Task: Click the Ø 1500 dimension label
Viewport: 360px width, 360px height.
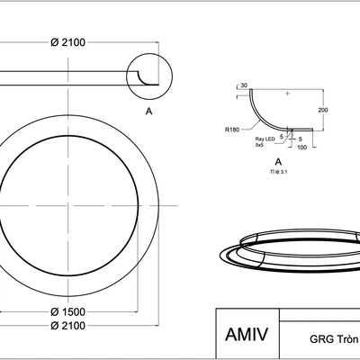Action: [x=67, y=312]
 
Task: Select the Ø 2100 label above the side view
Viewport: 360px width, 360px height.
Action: [x=67, y=42]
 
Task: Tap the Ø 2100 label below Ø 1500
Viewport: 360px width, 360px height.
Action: [x=67, y=326]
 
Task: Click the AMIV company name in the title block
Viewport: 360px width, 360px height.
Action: [x=247, y=334]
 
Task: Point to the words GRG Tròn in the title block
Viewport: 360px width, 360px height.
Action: [x=334, y=339]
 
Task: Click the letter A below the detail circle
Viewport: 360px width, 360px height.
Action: [x=148, y=112]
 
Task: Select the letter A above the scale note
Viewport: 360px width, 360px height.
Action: [x=278, y=162]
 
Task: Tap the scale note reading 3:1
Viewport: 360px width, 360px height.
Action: [x=278, y=172]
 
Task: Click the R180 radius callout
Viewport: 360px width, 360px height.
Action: [x=232, y=130]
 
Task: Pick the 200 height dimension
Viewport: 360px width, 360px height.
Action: [x=323, y=110]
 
